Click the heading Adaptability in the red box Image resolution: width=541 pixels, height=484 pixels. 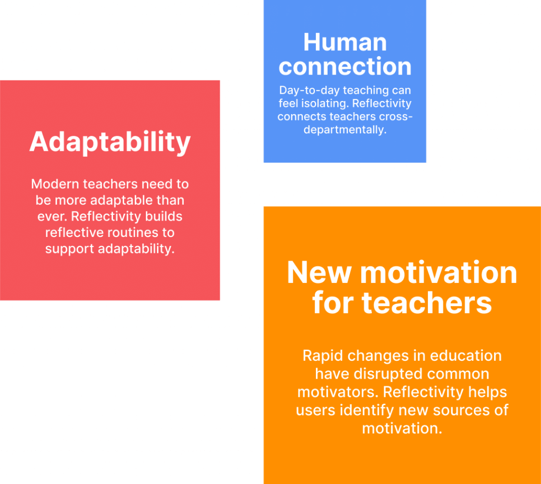110,142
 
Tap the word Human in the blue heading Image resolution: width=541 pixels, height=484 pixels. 345,42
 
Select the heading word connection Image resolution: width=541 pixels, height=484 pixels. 345,66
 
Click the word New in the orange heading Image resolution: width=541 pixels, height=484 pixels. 319,272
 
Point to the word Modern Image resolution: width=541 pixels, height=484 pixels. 55,184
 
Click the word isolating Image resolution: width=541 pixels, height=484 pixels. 325,104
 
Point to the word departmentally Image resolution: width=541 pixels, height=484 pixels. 345,130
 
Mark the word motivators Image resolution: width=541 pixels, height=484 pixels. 338,392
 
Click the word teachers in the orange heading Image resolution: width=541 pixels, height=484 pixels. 427,303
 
